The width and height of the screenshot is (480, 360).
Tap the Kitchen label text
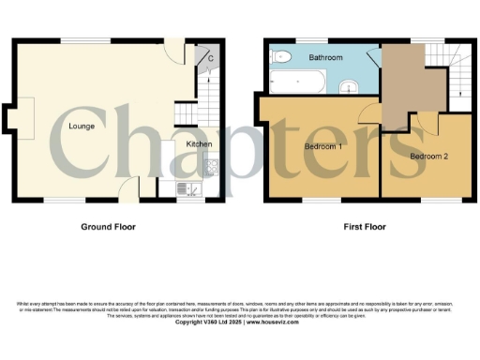click(x=199, y=144)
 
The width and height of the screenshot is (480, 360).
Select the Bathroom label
click(x=326, y=58)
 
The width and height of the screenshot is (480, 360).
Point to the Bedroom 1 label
click(x=322, y=147)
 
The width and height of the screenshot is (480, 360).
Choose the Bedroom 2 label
click(x=428, y=156)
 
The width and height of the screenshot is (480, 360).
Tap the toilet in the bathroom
click(x=278, y=58)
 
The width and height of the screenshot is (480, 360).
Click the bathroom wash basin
click(x=348, y=87)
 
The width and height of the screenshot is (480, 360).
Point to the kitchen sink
click(x=189, y=189)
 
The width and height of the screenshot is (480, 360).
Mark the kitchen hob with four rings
click(x=211, y=170)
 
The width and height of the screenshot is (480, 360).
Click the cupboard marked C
click(x=211, y=58)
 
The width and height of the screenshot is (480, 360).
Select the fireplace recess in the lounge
click(x=11, y=119)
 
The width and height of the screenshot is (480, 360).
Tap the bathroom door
click(x=372, y=58)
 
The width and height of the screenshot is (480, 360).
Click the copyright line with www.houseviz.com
click(x=239, y=322)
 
